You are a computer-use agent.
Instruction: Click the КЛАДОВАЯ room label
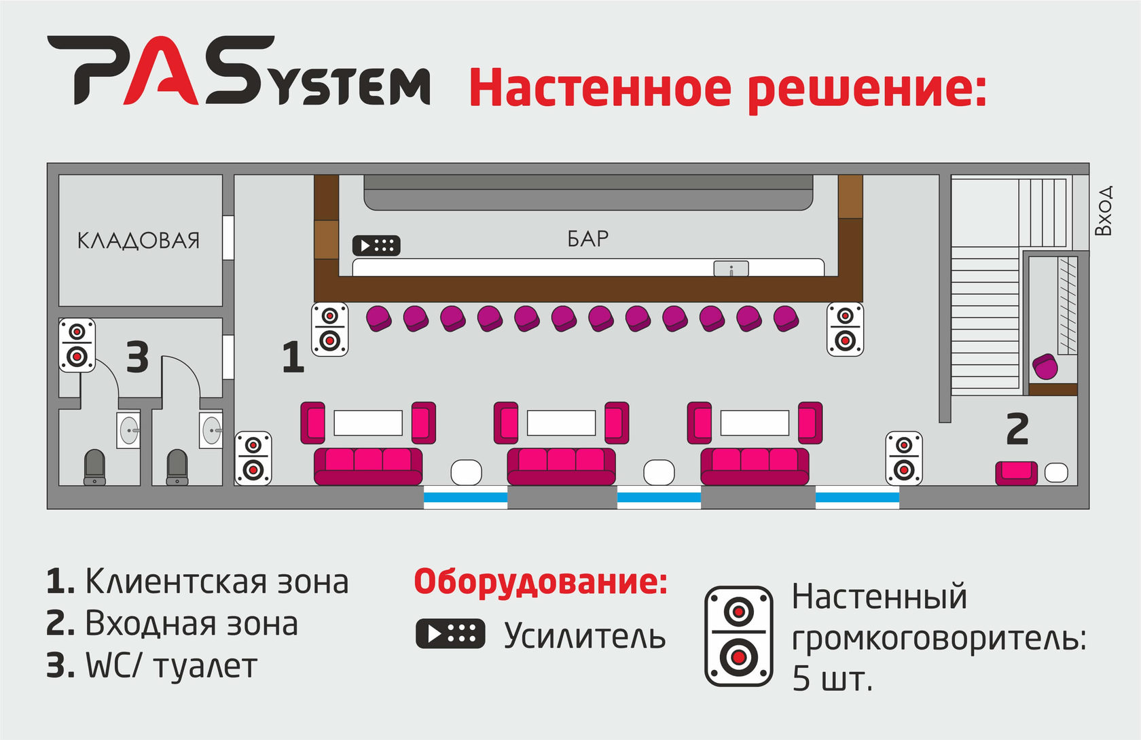(139, 241)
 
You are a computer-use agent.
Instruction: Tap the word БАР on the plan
(587, 239)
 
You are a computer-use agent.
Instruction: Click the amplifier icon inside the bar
(376, 245)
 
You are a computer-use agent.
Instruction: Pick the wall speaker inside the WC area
(77, 345)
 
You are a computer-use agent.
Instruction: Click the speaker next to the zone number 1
(330, 330)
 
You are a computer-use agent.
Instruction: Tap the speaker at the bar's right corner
(845, 330)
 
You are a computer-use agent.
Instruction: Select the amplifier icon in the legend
(450, 634)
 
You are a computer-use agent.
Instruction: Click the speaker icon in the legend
(739, 636)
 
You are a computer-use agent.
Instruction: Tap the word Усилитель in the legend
(585, 636)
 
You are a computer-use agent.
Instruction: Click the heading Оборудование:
(541, 582)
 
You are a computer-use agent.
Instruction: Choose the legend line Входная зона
(173, 624)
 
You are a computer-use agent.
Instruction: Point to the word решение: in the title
(867, 88)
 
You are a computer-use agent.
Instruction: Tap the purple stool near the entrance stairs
(1045, 367)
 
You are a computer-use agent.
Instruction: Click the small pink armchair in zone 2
(1016, 472)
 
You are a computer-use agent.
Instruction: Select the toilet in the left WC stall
(94, 467)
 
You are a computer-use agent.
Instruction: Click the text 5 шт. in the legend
(832, 678)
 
